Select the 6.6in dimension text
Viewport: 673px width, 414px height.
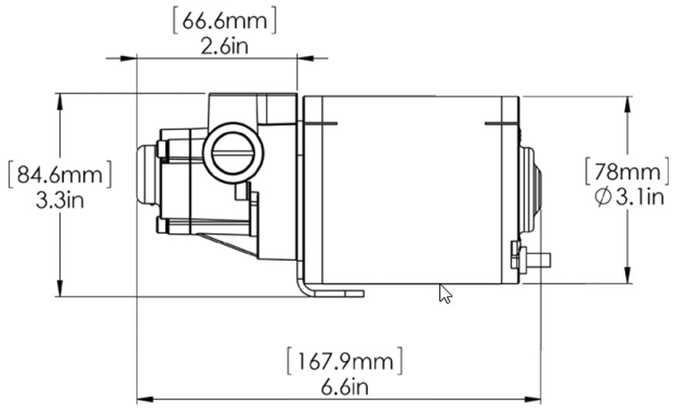[344, 386]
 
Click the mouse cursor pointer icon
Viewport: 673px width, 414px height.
[445, 294]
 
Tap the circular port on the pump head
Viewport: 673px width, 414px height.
[236, 152]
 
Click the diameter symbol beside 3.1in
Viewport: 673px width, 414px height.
[603, 197]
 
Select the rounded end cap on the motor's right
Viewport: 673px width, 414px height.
[531, 189]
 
